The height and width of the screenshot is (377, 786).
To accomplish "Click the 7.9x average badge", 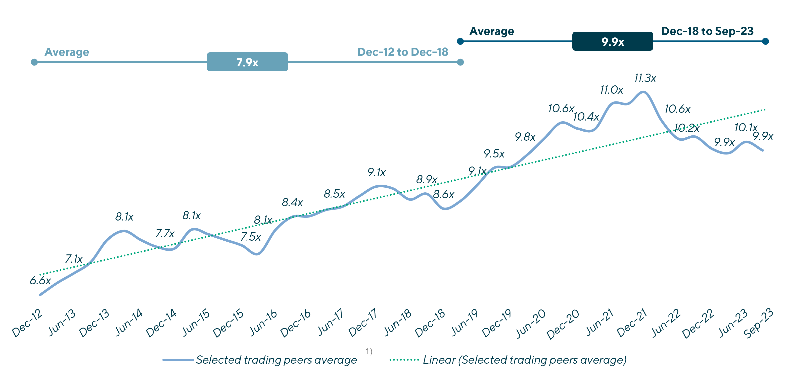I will (x=247, y=62).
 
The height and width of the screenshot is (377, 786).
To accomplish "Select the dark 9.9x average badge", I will (x=612, y=41).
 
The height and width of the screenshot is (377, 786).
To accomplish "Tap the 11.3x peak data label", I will (x=645, y=78).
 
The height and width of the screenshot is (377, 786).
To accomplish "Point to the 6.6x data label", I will (x=40, y=280).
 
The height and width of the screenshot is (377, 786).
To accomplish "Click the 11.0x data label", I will (x=611, y=90).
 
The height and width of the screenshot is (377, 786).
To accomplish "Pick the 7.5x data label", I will (x=251, y=237).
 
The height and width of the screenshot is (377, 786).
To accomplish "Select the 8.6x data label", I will (x=443, y=194).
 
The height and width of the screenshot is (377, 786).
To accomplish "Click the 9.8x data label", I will (x=525, y=137).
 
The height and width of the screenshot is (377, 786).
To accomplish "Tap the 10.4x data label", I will (x=586, y=117).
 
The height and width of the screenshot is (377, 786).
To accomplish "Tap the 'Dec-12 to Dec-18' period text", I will (x=402, y=52).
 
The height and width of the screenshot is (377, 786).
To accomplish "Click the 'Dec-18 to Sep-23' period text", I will (x=707, y=31).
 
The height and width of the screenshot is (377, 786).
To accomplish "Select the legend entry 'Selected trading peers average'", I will (x=276, y=360).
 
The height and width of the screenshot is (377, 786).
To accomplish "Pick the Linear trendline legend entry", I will (x=524, y=360).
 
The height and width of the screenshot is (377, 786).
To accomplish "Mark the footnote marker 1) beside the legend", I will (x=369, y=352).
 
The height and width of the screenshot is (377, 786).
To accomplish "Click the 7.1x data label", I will (x=74, y=259).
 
